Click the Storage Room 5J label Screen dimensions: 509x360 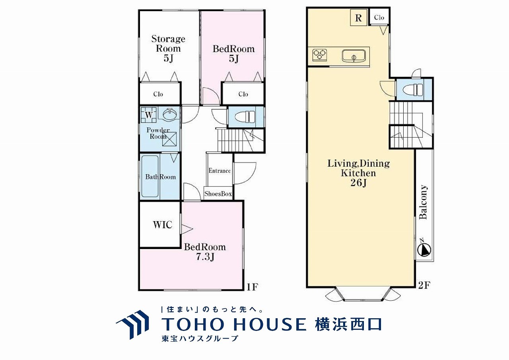point(168,49)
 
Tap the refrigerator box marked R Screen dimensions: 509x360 point(359,18)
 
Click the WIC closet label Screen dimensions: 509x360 point(163,225)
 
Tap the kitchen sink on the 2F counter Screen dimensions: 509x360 point(354,56)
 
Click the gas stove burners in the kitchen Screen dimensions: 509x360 point(320,55)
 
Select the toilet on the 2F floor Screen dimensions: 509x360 point(412,89)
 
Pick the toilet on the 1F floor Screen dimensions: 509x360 point(245,117)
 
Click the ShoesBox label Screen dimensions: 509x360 point(218,194)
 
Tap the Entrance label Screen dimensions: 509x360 point(220,171)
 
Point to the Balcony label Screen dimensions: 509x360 point(424,202)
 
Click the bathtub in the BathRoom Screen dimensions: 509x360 point(150,176)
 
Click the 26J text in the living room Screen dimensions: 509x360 point(359,183)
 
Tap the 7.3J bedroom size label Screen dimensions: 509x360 point(205,257)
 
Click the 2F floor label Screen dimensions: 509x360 point(424,285)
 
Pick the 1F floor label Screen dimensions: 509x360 point(252,287)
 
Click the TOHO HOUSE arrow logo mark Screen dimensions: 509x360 point(133,325)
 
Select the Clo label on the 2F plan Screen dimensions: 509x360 point(379,17)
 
